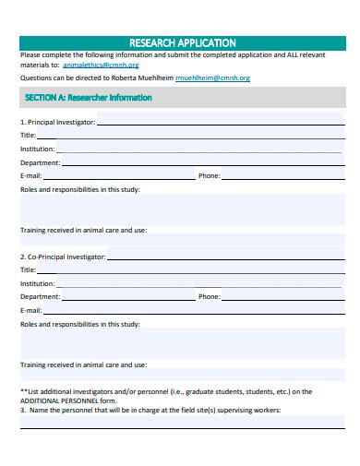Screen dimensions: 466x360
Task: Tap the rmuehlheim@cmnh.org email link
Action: (212, 78)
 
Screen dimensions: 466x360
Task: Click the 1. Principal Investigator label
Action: (57, 122)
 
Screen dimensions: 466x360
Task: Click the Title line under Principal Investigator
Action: (185, 135)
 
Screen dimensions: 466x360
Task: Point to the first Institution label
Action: (37, 149)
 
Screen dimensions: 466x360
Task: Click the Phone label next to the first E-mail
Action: (209, 175)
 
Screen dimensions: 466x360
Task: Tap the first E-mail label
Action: (30, 175)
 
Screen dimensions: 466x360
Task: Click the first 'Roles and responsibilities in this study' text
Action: (79, 189)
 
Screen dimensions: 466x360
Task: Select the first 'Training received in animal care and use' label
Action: (83, 230)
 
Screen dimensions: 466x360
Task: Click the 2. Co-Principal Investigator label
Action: (63, 257)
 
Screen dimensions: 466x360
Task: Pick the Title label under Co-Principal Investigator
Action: (28, 269)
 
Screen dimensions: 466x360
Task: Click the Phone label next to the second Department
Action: (209, 297)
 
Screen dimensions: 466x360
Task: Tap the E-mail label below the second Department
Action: (30, 311)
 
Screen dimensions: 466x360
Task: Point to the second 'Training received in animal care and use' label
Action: (83, 365)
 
